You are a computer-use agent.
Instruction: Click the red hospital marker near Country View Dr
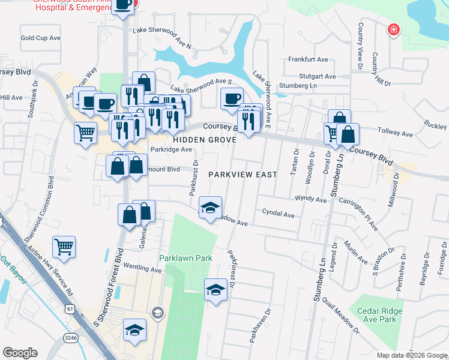click(x=393, y=29)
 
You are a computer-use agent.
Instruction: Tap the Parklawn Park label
click(x=186, y=258)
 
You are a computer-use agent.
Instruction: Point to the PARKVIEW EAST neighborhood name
click(x=243, y=175)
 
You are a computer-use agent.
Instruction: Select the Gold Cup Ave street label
click(x=41, y=38)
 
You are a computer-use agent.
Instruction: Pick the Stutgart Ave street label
click(x=318, y=76)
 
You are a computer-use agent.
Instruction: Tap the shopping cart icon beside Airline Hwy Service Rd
click(x=64, y=245)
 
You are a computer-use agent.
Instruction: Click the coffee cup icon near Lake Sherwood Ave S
click(x=232, y=98)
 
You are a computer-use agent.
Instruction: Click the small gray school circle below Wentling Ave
click(x=157, y=312)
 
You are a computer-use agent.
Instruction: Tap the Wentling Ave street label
click(x=143, y=271)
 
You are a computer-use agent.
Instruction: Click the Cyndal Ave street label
click(x=278, y=212)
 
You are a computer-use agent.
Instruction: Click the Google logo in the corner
click(x=20, y=353)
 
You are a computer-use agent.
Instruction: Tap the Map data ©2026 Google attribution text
click(x=411, y=355)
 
